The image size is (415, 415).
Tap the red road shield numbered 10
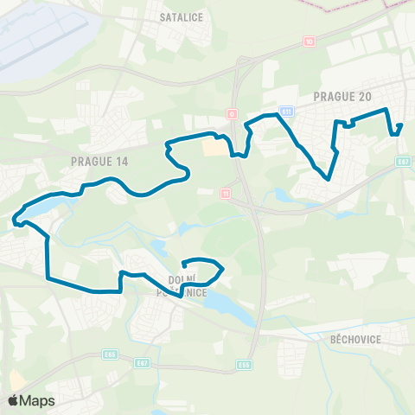[309, 41]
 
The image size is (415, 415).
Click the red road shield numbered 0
[232, 113]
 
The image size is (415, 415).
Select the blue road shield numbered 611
[286, 111]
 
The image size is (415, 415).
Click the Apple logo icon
[13, 400]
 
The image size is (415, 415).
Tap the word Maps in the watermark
[37, 400]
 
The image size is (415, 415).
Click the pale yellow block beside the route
[212, 149]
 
